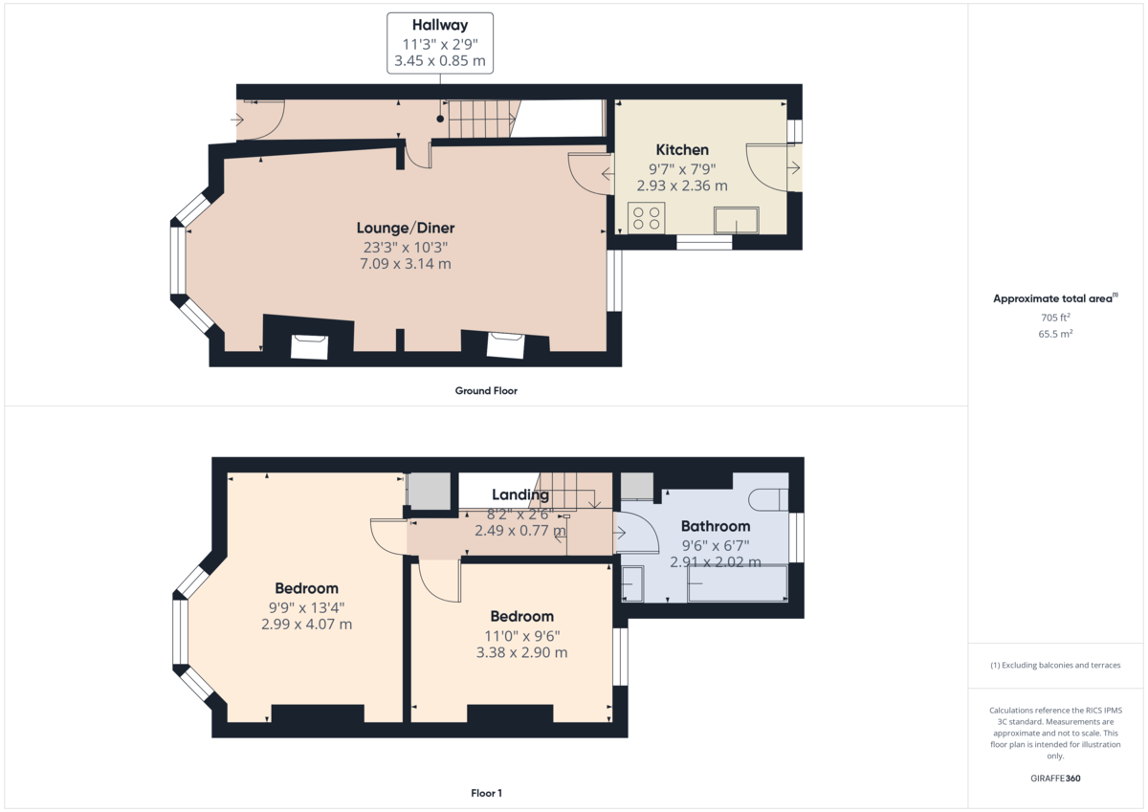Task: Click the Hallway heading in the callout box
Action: coord(440,25)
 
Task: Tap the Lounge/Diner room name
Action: coord(406,228)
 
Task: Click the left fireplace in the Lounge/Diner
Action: coord(309,345)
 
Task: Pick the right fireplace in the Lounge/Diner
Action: coord(505,344)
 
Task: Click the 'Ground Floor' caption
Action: coord(486,390)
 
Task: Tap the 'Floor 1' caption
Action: coord(486,793)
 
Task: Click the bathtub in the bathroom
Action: coord(737,583)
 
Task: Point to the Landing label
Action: coord(520,494)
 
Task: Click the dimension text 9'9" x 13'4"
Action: coord(306,606)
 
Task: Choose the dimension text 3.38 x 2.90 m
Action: coord(521,652)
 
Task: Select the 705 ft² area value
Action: coord(1055,317)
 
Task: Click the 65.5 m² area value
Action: coord(1055,334)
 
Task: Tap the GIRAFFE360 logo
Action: coord(1055,779)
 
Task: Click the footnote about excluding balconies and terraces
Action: coord(1055,665)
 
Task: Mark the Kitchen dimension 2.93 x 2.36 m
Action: coord(682,186)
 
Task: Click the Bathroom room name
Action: coord(716,526)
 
